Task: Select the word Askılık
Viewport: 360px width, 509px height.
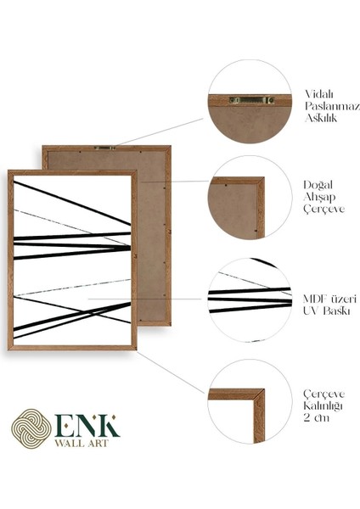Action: pyautogui.click(x=322, y=120)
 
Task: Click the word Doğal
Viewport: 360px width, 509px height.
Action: pyautogui.click(x=318, y=182)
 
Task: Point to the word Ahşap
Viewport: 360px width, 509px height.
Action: pyautogui.click(x=320, y=196)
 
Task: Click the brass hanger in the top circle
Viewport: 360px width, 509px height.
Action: pyautogui.click(x=250, y=100)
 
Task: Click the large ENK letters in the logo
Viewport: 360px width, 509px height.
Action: pyautogui.click(x=88, y=425)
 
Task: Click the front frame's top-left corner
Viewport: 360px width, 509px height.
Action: pyautogui.click(x=11, y=173)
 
